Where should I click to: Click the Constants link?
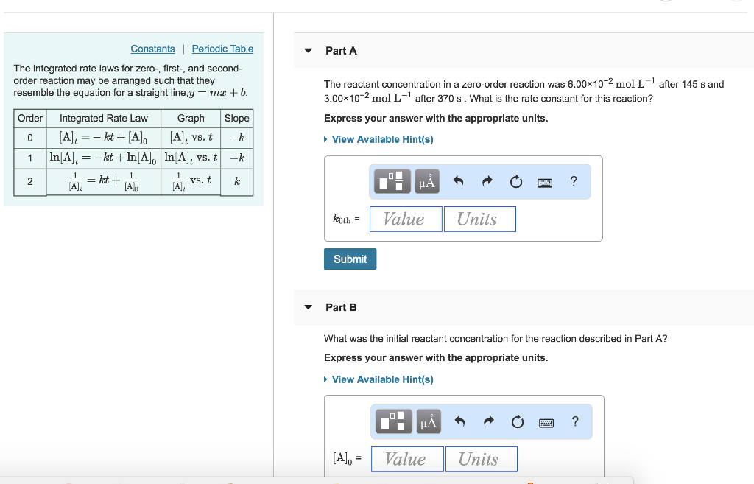click(152, 49)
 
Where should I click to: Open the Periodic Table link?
click(222, 49)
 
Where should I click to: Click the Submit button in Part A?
click(350, 259)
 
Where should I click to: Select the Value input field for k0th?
click(405, 219)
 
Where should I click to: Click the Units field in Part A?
click(479, 219)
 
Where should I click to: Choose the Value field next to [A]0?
click(407, 459)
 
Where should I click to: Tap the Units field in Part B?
click(480, 459)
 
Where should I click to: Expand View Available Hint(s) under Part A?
click(382, 139)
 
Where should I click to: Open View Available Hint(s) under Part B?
click(382, 379)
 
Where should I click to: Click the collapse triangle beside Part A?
click(309, 51)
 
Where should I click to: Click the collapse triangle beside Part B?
click(309, 307)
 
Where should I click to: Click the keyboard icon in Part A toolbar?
click(545, 182)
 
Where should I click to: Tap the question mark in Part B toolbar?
click(575, 421)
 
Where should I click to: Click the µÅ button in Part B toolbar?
click(428, 421)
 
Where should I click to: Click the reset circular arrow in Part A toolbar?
click(516, 182)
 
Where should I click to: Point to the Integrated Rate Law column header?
click(103, 118)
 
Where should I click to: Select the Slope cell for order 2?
click(237, 181)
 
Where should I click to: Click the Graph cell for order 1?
click(191, 157)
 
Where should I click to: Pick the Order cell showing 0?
click(30, 138)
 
